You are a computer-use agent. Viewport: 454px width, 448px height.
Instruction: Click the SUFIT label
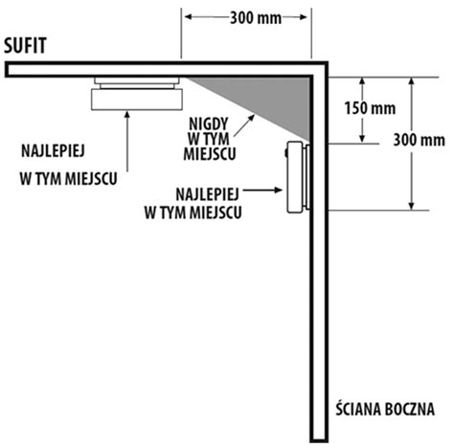pyautogui.click(x=25, y=45)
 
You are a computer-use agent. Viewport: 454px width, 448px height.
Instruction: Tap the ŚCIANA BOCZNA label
pyautogui.click(x=385, y=409)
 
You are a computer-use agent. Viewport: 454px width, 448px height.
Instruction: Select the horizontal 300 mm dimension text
pyautogui.click(x=256, y=18)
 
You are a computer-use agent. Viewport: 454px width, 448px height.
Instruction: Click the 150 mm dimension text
pyautogui.click(x=370, y=108)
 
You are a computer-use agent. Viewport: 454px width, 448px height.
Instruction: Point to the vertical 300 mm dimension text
pyautogui.click(x=419, y=140)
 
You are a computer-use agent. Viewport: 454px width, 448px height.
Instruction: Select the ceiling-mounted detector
pyautogui.click(x=137, y=94)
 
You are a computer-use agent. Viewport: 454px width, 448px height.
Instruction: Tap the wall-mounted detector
pyautogui.click(x=298, y=177)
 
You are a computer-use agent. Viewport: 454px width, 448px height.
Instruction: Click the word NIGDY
pyautogui.click(x=209, y=123)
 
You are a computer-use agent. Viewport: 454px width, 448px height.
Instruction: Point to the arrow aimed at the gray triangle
pyautogui.click(x=244, y=125)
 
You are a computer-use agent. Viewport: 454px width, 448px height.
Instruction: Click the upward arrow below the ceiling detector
pyautogui.click(x=127, y=142)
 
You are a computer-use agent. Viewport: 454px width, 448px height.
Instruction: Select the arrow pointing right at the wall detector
pyautogui.click(x=262, y=190)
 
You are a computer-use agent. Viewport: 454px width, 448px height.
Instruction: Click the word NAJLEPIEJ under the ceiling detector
pyautogui.click(x=53, y=151)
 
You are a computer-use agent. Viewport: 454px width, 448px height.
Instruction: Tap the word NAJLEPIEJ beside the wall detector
pyautogui.click(x=208, y=194)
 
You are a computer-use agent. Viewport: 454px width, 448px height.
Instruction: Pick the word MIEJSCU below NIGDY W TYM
pyautogui.click(x=210, y=154)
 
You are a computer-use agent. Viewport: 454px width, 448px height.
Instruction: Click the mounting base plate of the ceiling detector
pyautogui.click(x=137, y=80)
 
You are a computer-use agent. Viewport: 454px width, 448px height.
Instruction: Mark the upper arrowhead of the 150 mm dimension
pyautogui.click(x=362, y=81)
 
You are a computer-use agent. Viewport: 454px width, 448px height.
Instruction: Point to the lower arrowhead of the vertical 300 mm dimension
pyautogui.click(x=411, y=206)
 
